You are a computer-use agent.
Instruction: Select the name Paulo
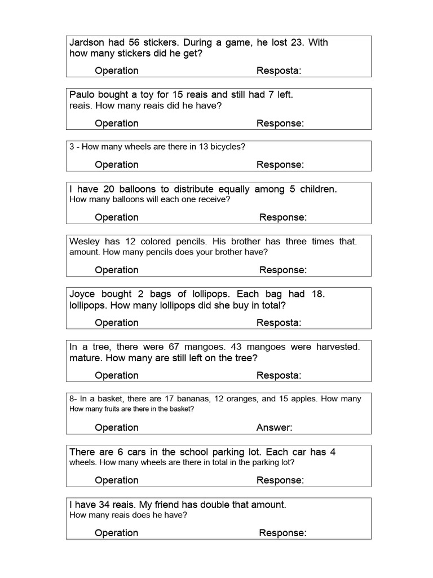[x=82, y=95]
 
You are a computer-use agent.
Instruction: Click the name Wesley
[x=85, y=242]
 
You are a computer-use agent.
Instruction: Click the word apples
[x=305, y=399]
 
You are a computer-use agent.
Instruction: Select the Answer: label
[x=274, y=428]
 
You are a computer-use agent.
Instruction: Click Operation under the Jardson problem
[x=117, y=71]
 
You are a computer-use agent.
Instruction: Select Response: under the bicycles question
[x=280, y=165]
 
